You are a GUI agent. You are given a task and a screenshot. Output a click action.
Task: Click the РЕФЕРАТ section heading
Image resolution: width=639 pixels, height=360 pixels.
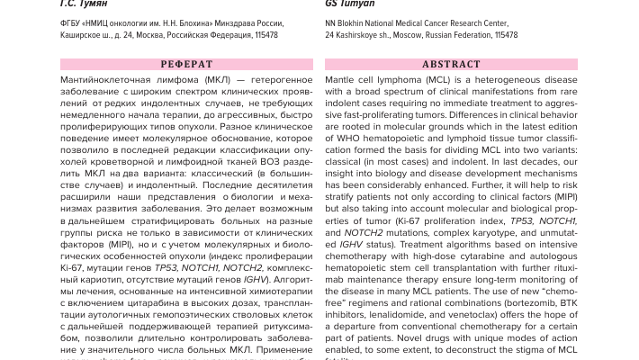click(186, 65)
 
